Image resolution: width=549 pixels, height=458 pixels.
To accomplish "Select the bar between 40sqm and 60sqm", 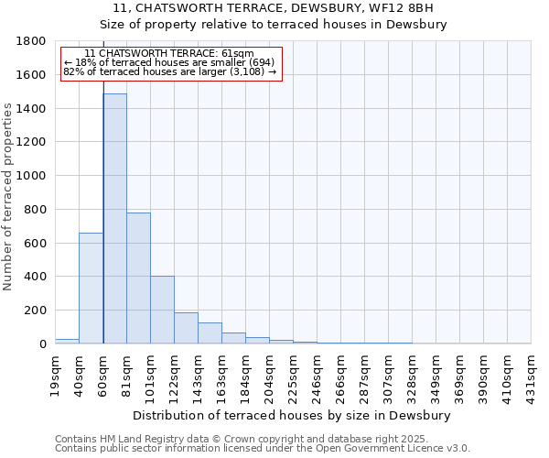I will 91,288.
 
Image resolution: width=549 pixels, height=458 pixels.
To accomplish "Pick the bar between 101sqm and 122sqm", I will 162,310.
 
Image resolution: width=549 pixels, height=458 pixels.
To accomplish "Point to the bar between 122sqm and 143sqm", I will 186,328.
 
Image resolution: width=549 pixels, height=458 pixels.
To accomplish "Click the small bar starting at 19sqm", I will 67,341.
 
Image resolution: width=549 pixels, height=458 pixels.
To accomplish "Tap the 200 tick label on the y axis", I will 36,311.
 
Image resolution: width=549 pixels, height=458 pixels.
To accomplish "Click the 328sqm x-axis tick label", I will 413,374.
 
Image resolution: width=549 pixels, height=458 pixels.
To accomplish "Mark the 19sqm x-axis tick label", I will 56,374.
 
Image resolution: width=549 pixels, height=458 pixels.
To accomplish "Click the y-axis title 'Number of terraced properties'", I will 8,197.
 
